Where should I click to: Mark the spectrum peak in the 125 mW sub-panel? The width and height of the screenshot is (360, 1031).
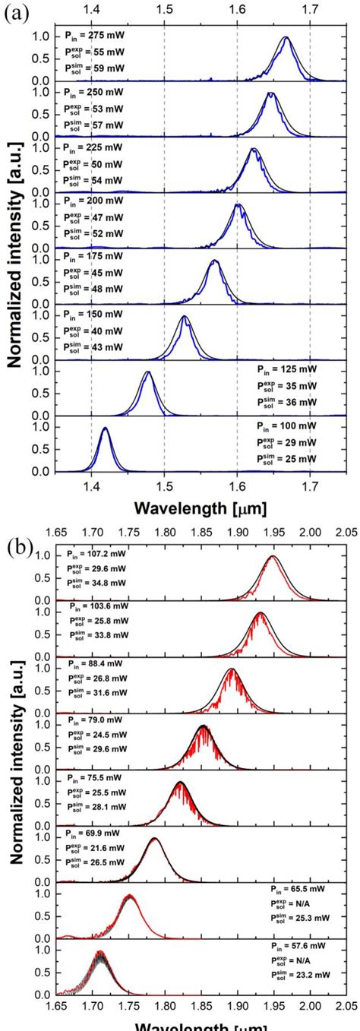148,372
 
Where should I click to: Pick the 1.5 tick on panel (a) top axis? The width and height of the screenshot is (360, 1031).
164,11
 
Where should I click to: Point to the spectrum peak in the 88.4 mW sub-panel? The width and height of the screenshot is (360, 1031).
231,669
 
